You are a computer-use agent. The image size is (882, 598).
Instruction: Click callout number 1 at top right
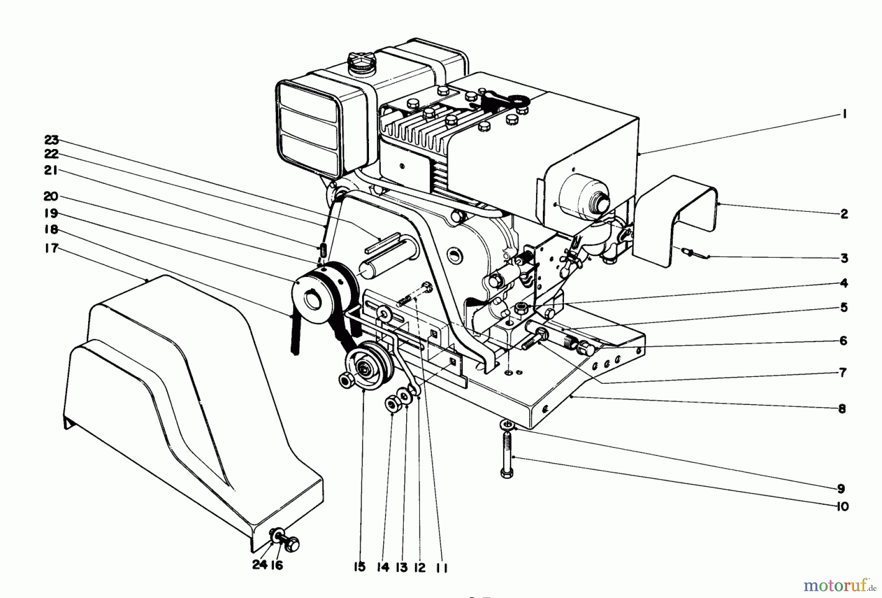844,114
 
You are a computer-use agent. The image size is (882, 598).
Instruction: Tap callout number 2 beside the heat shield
844,214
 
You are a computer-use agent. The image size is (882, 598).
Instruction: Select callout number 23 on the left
51,140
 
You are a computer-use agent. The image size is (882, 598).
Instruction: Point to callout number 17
51,249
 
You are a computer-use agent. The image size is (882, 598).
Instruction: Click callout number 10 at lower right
842,506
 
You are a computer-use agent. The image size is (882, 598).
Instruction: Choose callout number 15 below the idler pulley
359,567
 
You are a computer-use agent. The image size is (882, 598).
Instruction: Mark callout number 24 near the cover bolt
260,565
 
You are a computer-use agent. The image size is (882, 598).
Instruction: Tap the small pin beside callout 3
692,253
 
